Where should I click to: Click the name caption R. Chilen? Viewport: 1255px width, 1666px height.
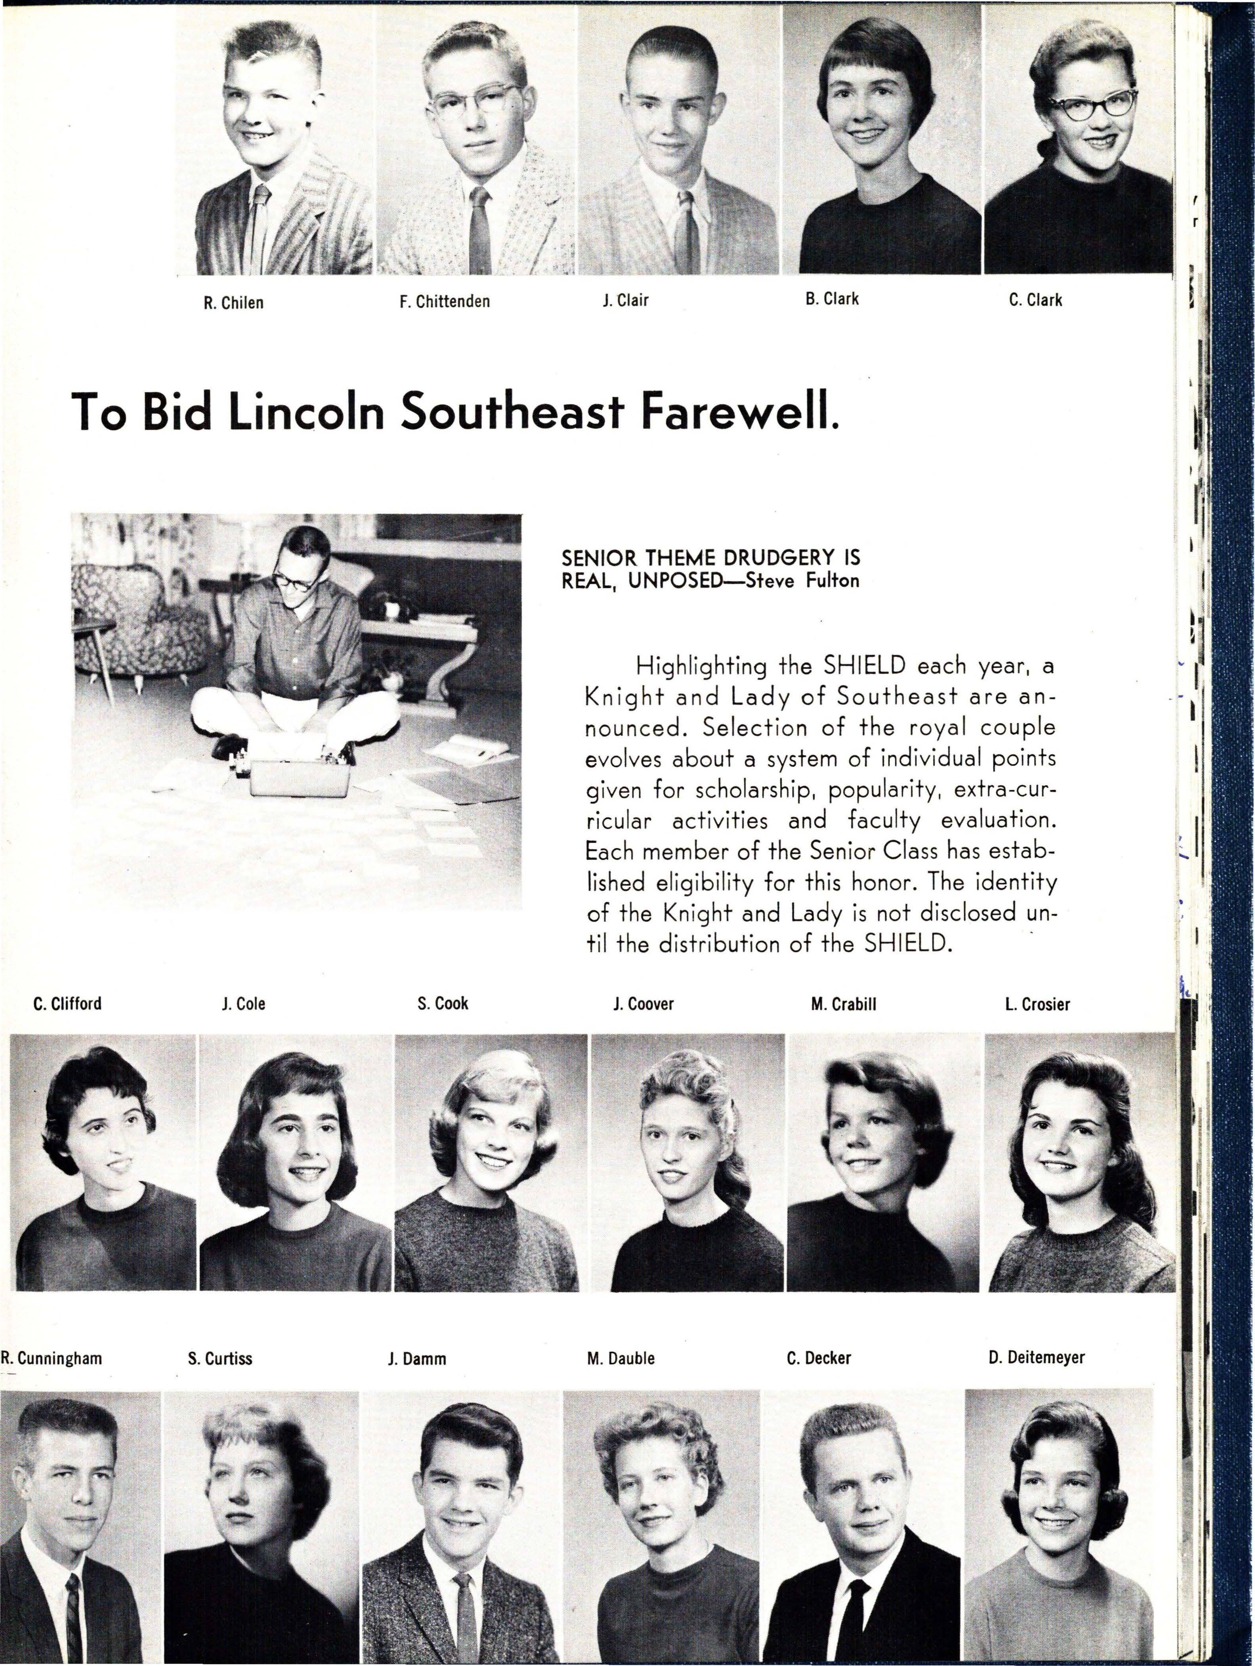click(x=233, y=303)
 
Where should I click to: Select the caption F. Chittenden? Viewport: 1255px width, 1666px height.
click(x=445, y=301)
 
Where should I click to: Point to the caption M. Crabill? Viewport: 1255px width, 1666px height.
click(x=844, y=1004)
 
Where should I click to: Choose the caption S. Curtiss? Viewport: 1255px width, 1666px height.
click(x=220, y=1359)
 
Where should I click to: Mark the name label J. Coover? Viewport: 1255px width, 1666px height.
click(x=643, y=1004)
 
